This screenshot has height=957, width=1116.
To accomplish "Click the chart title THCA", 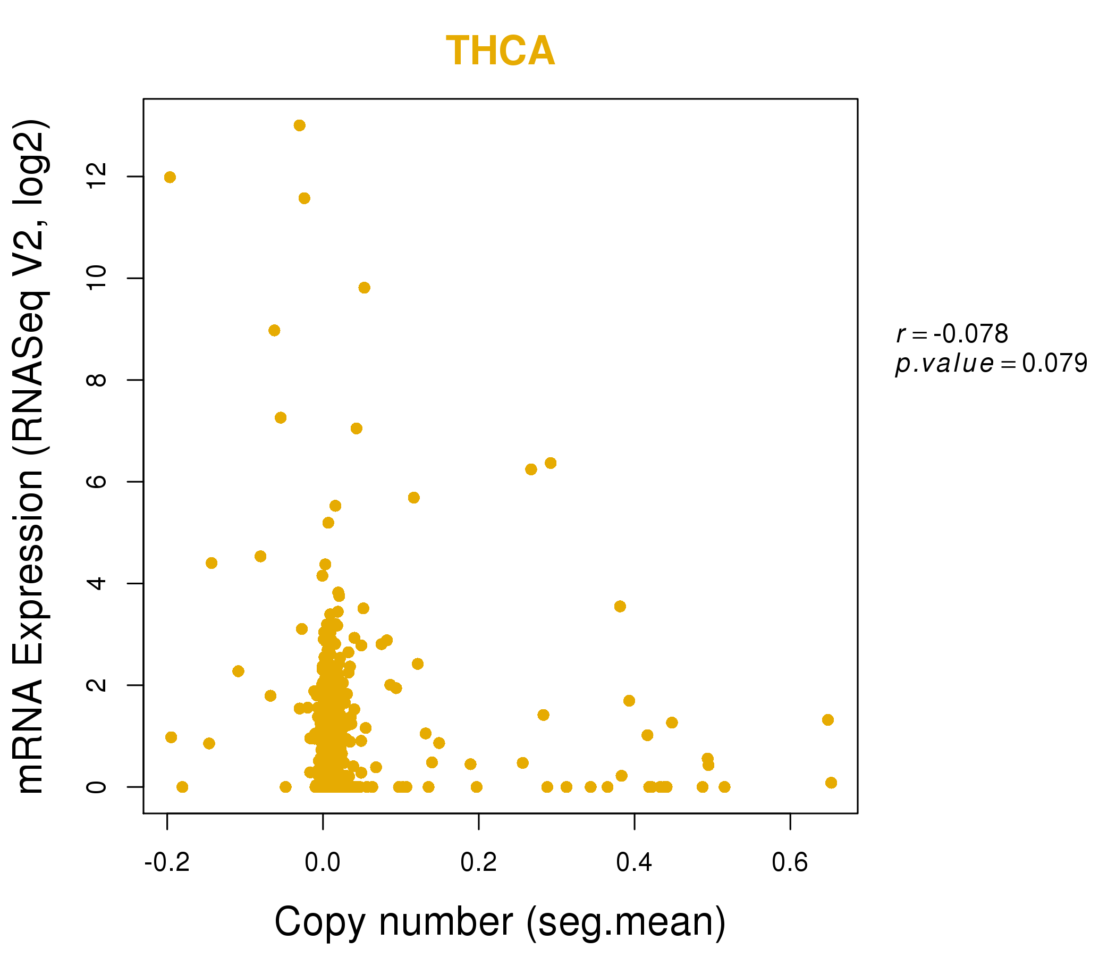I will [x=500, y=51].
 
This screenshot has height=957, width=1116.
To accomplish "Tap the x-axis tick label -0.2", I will [x=167, y=863].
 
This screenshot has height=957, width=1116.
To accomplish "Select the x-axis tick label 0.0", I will [x=322, y=863].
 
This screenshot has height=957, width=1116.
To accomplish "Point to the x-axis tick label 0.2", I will [x=478, y=863].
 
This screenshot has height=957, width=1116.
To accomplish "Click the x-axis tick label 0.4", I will [x=634, y=863].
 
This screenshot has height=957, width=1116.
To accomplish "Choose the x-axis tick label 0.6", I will [x=790, y=863].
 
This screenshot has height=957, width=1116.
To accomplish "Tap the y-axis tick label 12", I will [x=97, y=176].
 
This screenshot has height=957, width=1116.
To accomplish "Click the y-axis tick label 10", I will [x=97, y=278].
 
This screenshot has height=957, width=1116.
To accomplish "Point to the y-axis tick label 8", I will [x=97, y=380].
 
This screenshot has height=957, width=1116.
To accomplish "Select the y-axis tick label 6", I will [x=97, y=481].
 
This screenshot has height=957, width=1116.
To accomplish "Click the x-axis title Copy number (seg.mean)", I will [x=500, y=922].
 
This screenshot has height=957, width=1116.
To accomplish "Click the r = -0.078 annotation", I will [x=952, y=334].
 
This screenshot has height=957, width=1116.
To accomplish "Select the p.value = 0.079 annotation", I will [x=991, y=363].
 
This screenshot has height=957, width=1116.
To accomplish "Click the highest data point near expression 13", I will [x=300, y=125].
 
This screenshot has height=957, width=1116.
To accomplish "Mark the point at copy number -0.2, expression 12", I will [x=170, y=177].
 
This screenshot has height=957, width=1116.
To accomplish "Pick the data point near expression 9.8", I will [x=364, y=288].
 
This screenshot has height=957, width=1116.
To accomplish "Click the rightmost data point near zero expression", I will [x=831, y=783].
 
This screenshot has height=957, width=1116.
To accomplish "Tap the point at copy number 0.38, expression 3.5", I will [x=620, y=606].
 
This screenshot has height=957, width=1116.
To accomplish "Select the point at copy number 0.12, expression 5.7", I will [x=413, y=497].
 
